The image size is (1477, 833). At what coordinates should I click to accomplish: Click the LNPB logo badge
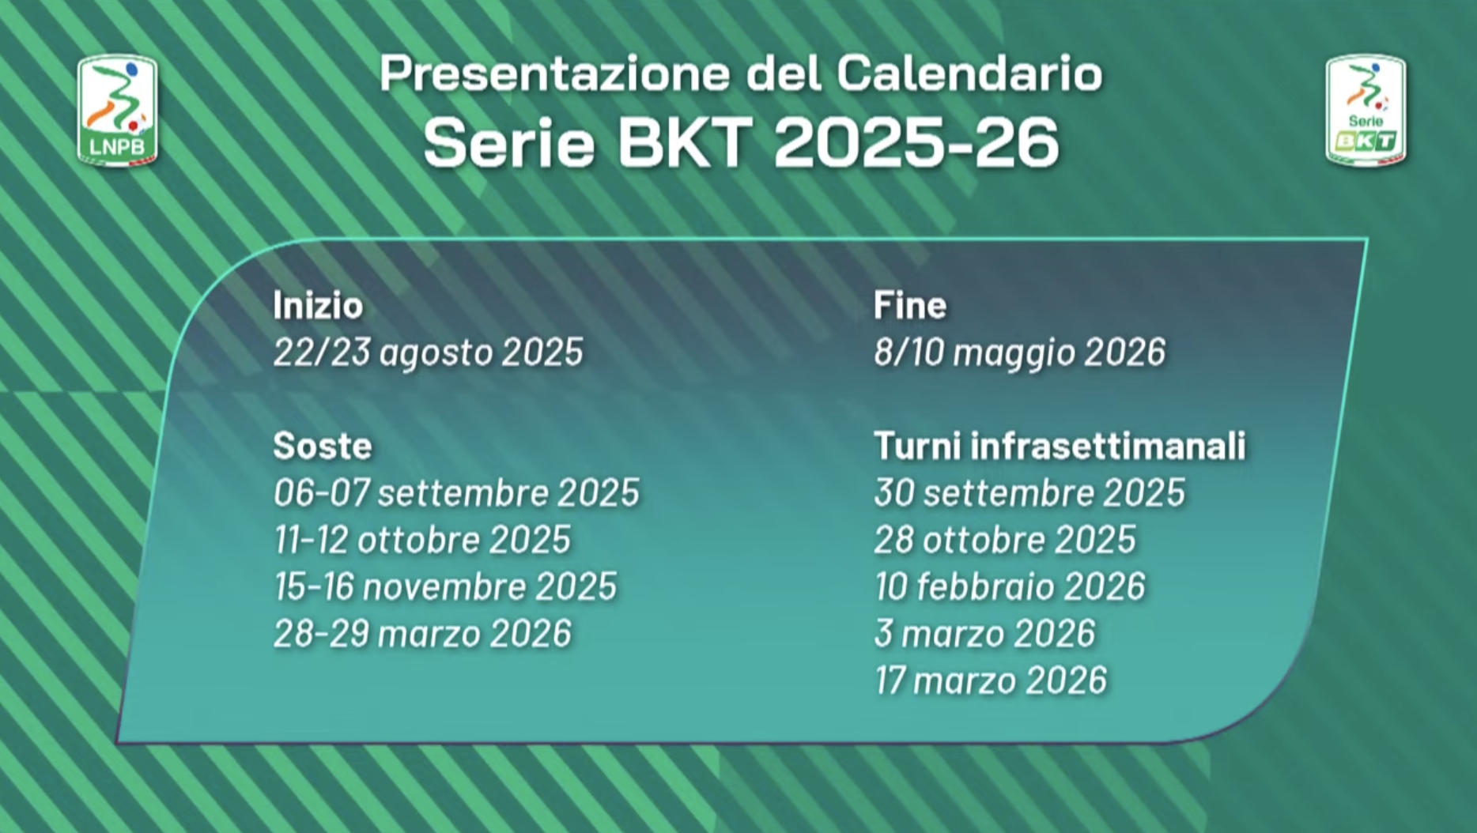tap(117, 111)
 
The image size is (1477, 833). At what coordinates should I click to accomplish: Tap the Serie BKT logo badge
tap(1366, 111)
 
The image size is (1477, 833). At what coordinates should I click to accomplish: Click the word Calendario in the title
tap(969, 73)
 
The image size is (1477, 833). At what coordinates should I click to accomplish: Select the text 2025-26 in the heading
tap(916, 142)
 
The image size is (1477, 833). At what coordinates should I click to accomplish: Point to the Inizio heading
tap(318, 305)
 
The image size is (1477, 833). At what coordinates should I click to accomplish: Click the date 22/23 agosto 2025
tap(428, 352)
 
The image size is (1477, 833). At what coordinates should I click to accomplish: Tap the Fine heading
tap(909, 305)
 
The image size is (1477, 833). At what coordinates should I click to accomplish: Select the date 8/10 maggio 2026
tap(1019, 352)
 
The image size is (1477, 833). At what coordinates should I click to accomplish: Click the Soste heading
tap(322, 446)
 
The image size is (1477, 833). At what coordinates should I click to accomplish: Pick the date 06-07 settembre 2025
tap(456, 492)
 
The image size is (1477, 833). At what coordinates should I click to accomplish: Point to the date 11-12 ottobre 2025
tap(422, 540)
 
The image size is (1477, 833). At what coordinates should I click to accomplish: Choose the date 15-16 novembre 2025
tap(445, 586)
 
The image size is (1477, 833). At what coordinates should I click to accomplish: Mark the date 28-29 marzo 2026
tap(422, 633)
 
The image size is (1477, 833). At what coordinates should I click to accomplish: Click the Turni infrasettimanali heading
tap(1060, 446)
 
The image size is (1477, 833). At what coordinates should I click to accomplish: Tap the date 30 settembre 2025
tap(1029, 492)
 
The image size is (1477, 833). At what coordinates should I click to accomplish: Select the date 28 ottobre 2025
tap(1005, 540)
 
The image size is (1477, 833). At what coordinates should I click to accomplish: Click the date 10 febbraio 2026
tap(1010, 586)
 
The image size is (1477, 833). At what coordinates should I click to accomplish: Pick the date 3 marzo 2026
tap(984, 633)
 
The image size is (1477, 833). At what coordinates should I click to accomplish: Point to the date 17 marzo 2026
tap(991, 680)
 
